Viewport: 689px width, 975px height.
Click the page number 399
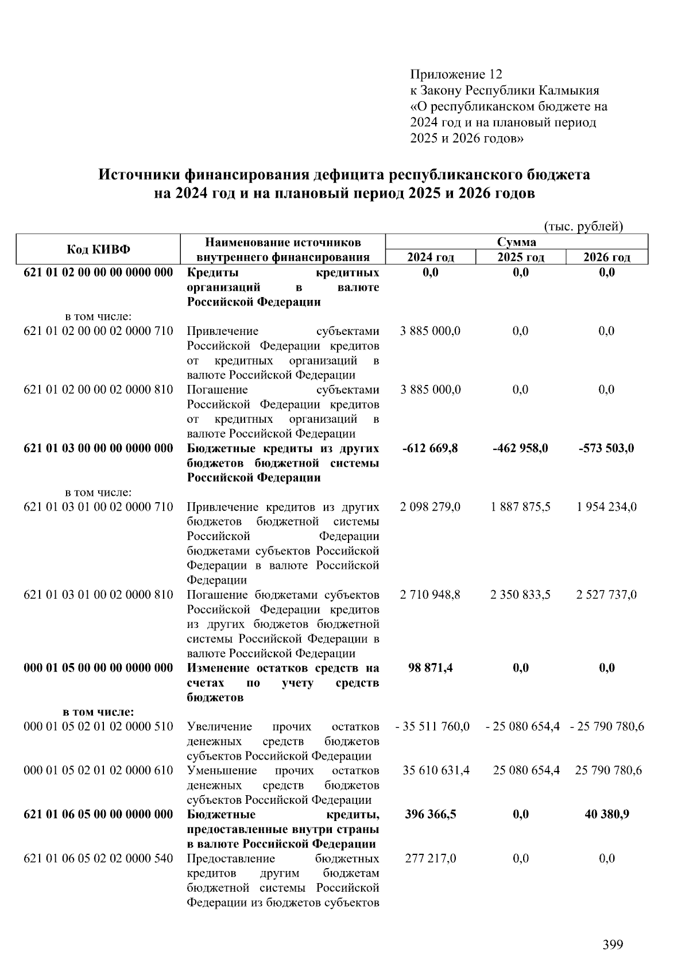[x=613, y=945]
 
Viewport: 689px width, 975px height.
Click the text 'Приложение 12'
[x=456, y=75]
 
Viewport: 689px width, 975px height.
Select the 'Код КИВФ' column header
[x=98, y=249]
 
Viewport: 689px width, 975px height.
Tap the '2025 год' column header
[x=520, y=257]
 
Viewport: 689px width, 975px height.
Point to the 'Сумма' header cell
[x=516, y=242]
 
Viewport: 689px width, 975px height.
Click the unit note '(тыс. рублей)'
[x=583, y=226]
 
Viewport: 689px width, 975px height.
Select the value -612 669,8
[x=430, y=448]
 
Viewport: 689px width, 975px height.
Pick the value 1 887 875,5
[x=520, y=507]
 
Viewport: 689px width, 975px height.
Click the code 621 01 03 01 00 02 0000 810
[x=98, y=595]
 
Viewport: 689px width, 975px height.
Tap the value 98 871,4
[x=430, y=668]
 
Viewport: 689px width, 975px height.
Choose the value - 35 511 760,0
[x=432, y=726]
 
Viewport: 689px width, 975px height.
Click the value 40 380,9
[x=606, y=814]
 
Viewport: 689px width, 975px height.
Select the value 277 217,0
[x=430, y=858]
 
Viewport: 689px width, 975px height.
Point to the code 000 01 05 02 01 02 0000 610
[x=98, y=770]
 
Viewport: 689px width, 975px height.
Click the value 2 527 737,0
[x=606, y=595]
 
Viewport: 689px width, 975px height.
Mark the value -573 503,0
[x=606, y=448]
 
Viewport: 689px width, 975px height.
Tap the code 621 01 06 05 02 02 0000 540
[x=98, y=858]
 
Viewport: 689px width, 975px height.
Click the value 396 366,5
[x=430, y=814]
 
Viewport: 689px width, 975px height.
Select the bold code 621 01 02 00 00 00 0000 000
[x=98, y=272]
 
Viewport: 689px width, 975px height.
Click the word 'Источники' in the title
[x=139, y=175]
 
